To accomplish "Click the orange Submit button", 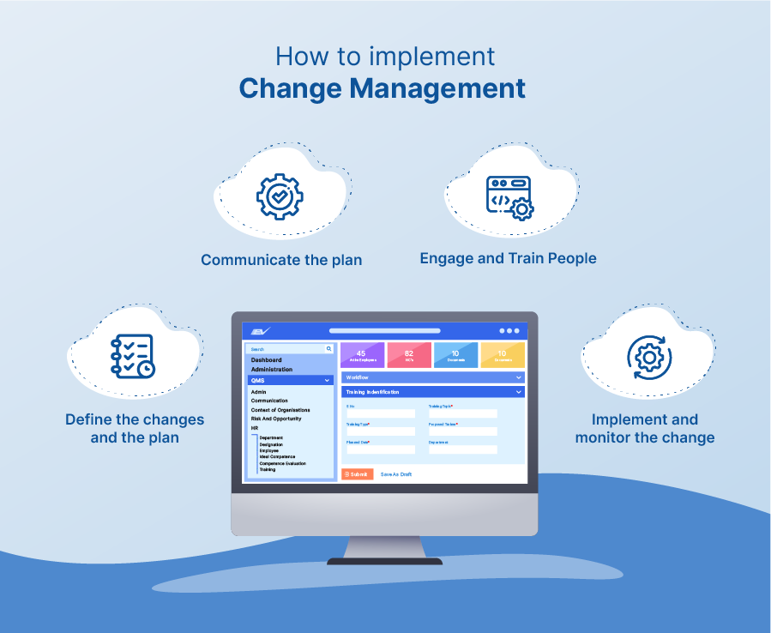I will (x=357, y=474).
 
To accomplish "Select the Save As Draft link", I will (x=396, y=474).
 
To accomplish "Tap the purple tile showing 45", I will (x=361, y=355).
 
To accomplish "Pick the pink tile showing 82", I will (x=408, y=355).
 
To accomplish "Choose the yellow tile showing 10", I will (x=502, y=355).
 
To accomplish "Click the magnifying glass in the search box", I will (x=328, y=349).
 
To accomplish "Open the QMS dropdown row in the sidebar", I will (x=290, y=380).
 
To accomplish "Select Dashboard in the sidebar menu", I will (x=266, y=360).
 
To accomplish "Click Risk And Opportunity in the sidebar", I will (x=276, y=419).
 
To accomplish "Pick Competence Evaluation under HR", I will (x=282, y=463).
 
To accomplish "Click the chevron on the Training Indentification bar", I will (x=519, y=392).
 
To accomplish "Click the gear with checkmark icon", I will (x=280, y=196).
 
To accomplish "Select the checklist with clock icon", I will (x=132, y=356).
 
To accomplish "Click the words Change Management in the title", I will (x=382, y=88).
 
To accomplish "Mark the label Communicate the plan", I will (x=281, y=260).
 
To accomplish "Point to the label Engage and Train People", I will (x=508, y=258).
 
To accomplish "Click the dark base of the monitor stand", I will (x=384, y=561).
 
